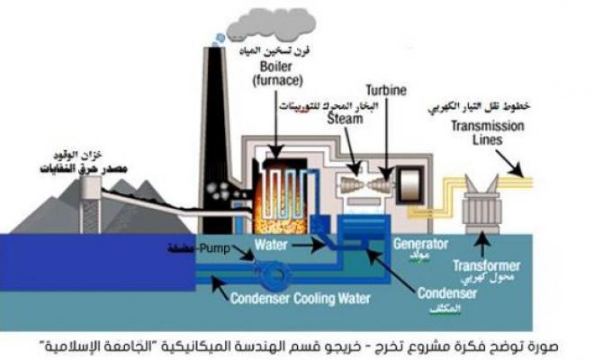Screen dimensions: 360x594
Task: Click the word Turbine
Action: [388, 91]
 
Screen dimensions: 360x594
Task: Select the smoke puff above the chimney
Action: [220, 37]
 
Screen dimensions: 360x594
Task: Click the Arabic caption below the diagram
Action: [298, 345]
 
